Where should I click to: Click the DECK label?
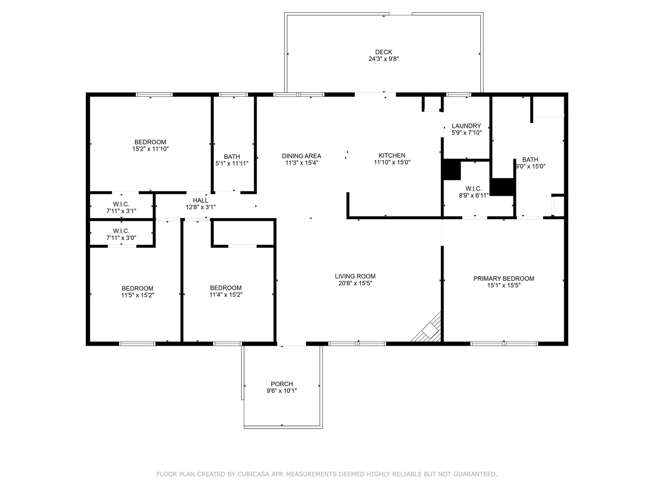pyautogui.click(x=384, y=52)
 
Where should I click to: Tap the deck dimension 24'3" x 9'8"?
pyautogui.click(x=384, y=59)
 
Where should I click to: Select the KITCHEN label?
pyautogui.click(x=392, y=156)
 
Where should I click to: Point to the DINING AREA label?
pyautogui.click(x=301, y=156)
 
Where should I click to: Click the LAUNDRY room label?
pyautogui.click(x=466, y=126)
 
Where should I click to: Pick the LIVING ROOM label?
pyautogui.click(x=355, y=276)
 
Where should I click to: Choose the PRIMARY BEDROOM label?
pyautogui.click(x=504, y=278)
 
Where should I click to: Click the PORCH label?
pyautogui.click(x=282, y=384)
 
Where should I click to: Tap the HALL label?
pyautogui.click(x=201, y=200)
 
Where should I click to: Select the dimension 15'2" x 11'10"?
pyautogui.click(x=150, y=149)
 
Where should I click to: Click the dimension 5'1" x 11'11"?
pyautogui.click(x=232, y=163)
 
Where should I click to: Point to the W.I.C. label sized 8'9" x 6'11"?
pyautogui.click(x=474, y=189)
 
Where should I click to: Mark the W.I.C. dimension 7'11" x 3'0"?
pyautogui.click(x=121, y=238)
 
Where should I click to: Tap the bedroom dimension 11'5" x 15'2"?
pyautogui.click(x=137, y=295)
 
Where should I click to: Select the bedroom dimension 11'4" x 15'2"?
pyautogui.click(x=226, y=295)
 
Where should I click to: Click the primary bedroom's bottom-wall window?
pyautogui.click(x=504, y=344)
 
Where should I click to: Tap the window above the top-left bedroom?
pyautogui.click(x=154, y=95)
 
